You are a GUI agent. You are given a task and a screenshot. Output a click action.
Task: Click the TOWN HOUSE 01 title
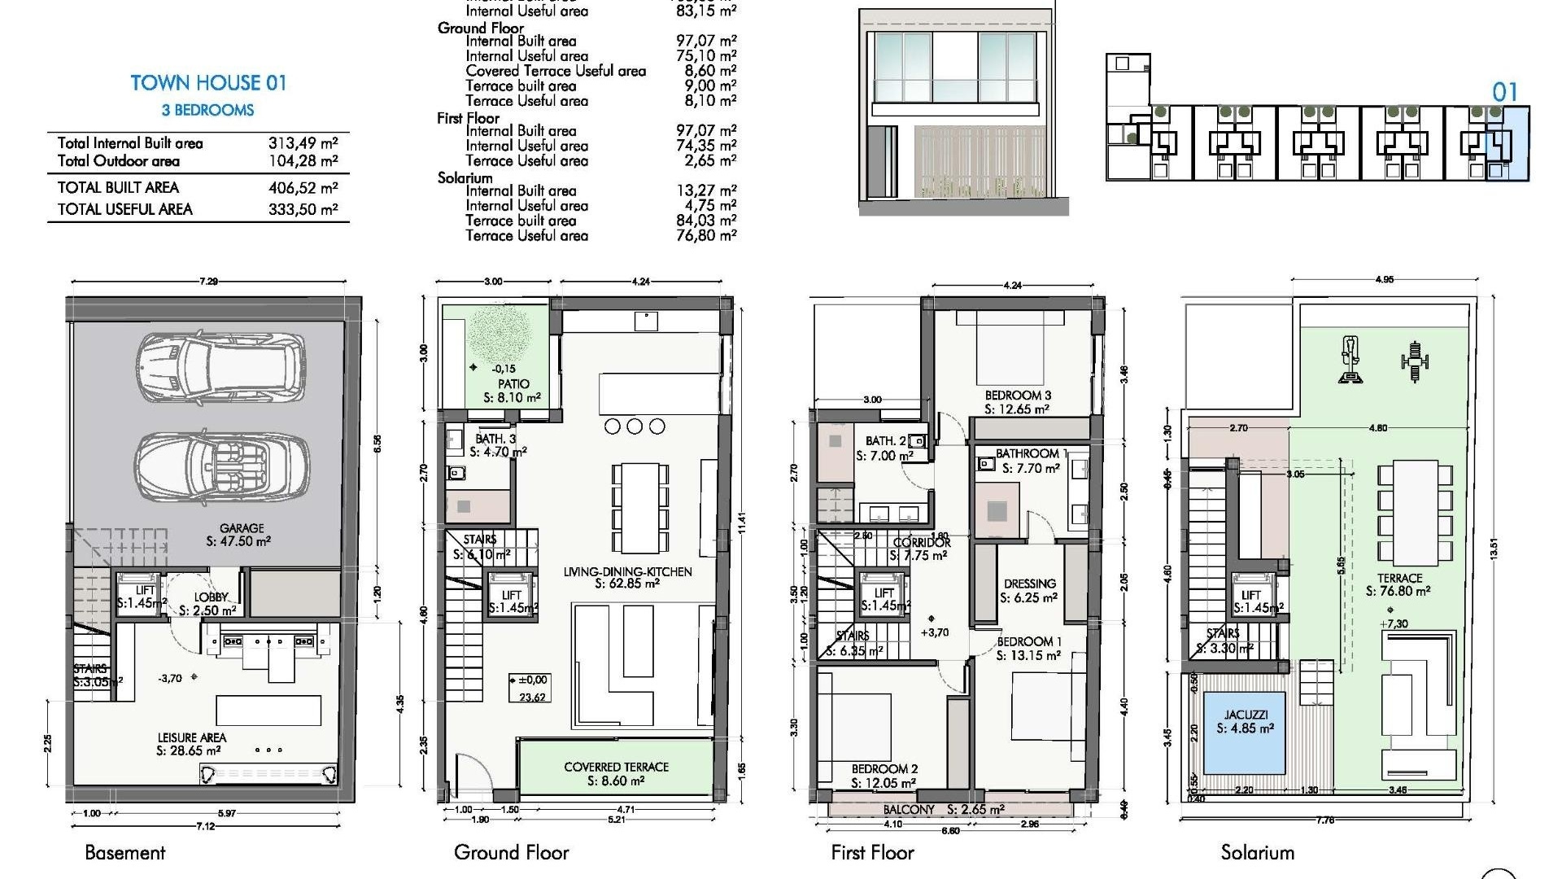point(208,83)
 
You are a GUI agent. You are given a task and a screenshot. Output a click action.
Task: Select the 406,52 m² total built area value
point(303,188)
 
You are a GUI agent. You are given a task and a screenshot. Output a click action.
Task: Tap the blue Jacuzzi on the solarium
point(1244,733)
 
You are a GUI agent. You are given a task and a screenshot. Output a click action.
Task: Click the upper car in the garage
point(220,368)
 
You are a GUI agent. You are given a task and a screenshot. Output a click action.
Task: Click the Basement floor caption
point(124,852)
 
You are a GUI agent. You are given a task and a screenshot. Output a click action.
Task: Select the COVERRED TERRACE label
point(616,767)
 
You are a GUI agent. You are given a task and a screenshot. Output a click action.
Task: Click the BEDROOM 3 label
point(1017,396)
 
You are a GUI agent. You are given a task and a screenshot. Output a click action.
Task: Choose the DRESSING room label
point(1029,584)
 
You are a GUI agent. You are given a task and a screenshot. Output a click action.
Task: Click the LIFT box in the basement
point(143,597)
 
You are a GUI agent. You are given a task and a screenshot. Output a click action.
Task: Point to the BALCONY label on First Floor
point(909,810)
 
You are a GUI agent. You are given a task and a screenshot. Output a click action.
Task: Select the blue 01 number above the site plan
point(1504,92)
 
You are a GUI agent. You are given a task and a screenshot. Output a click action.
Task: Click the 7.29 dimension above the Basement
point(208,282)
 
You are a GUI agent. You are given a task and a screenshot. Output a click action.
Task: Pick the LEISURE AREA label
point(192,738)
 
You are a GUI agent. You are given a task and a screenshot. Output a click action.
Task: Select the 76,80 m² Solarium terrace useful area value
point(705,236)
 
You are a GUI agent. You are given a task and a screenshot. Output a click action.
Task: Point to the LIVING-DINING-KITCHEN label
point(627,572)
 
